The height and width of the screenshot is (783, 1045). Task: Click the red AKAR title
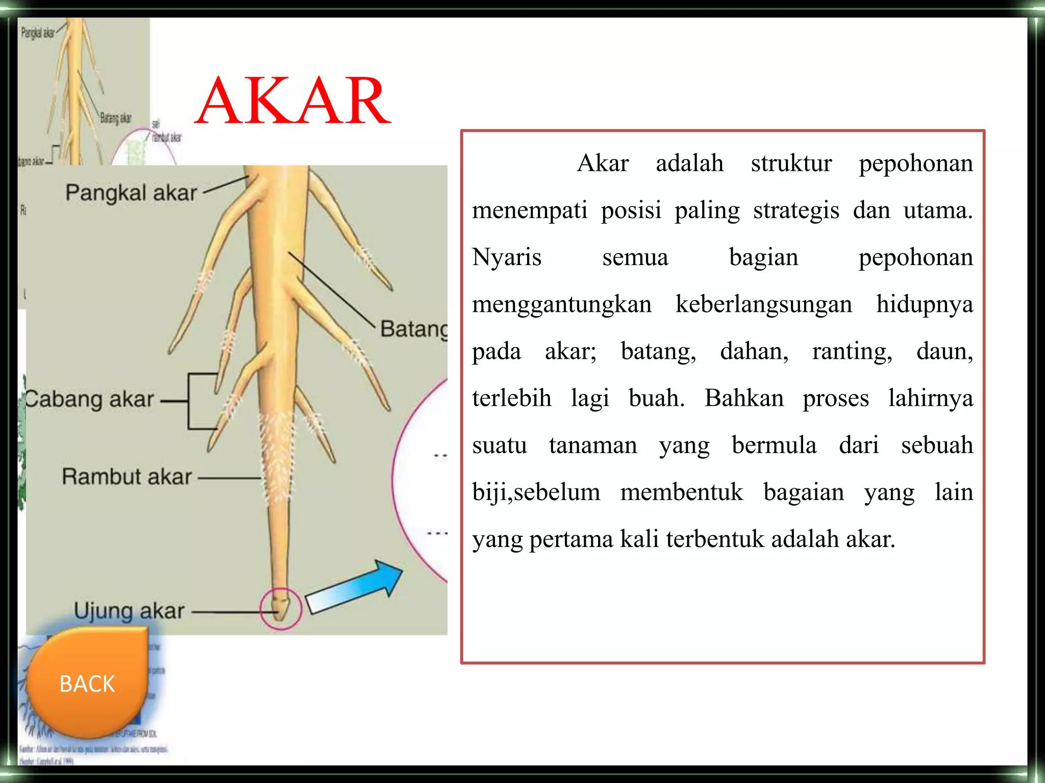coord(292,101)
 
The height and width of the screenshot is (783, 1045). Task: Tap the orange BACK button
coord(87,683)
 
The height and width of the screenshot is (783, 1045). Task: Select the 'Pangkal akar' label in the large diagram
coord(131,193)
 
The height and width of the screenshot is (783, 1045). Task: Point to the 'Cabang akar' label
coord(90,399)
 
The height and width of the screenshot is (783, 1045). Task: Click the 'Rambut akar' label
coord(127,477)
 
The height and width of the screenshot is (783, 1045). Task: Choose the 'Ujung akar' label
coord(129,611)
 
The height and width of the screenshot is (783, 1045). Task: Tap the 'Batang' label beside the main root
coord(413,329)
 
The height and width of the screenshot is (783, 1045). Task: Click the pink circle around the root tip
coord(281,609)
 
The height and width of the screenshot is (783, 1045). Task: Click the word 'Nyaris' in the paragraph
coord(507,257)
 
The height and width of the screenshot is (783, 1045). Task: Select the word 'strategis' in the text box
coord(796,210)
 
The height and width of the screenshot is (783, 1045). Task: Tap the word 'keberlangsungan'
coord(763,304)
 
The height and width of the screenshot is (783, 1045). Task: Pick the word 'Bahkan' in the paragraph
coord(744,398)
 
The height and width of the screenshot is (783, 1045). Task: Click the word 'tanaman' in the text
coord(593,445)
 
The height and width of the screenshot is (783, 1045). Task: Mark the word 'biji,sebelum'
coord(536,492)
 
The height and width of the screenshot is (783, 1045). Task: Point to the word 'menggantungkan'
coord(562,304)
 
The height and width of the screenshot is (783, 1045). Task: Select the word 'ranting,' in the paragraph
coord(852,351)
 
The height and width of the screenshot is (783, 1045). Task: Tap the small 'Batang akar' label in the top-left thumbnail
coord(115,118)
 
